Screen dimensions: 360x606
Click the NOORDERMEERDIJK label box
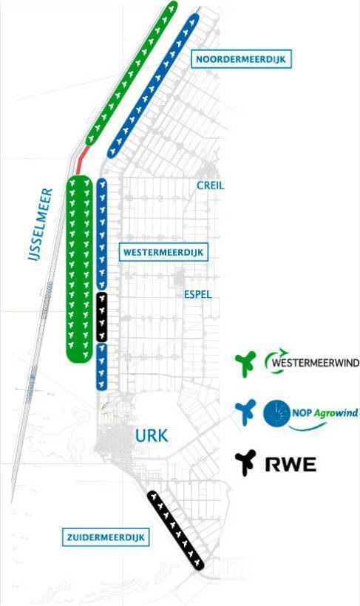241,60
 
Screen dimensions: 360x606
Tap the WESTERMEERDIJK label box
163,252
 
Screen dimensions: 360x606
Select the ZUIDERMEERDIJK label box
106,537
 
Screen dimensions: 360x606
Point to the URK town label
152,435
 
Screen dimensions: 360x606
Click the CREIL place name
211,185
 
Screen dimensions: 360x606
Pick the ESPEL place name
197,294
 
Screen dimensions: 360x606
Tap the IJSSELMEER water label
41,224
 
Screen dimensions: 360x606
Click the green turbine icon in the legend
245,364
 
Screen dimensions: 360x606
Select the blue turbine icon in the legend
245,412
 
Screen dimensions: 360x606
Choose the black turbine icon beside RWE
245,462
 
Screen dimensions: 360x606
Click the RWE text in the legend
291,464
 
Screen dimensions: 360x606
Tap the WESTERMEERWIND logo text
315,363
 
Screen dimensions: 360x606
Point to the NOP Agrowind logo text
325,413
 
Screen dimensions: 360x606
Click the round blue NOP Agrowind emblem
276,414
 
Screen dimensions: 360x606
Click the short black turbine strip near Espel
101,317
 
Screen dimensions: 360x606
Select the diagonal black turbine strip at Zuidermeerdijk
175,530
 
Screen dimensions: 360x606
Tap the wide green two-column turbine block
79,269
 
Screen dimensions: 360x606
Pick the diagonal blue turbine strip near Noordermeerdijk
153,86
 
